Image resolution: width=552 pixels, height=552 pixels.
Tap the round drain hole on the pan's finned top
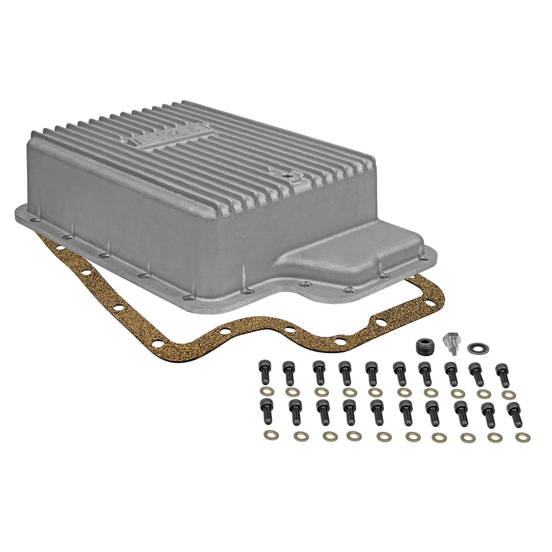click(286, 172)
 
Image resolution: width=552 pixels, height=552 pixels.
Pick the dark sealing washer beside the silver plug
click(476, 348)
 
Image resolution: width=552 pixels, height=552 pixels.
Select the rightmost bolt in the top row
click(501, 373)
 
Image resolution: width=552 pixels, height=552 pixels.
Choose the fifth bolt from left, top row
click(371, 373)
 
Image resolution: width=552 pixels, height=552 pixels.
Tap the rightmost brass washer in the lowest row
click(522, 438)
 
